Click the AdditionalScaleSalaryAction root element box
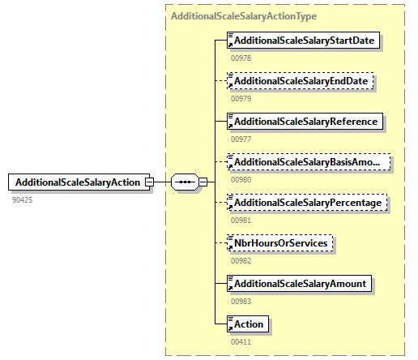(77, 182)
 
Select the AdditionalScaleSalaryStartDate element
(305, 41)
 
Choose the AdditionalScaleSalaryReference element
(305, 122)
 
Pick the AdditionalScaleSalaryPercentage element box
(307, 203)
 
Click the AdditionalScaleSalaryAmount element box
(300, 284)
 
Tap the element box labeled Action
(248, 324)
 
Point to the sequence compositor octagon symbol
(186, 182)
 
